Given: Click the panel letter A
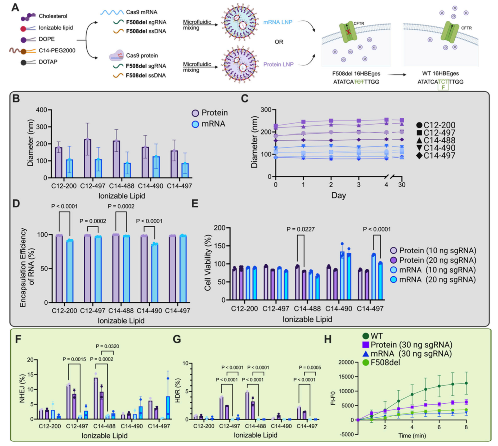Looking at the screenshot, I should coord(15,7).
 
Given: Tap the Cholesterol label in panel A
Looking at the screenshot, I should coord(53,16).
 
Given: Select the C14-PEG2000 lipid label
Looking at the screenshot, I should coord(57,51).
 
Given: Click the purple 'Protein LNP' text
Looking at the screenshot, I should coord(278,64).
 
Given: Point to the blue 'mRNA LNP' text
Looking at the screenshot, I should coord(277,22).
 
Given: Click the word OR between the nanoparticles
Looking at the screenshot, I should coord(279,42).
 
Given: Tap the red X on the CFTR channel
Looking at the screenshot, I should coord(348,32).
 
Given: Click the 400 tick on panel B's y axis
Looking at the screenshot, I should coord(42,110).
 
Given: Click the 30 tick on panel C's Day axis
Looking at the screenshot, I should coord(402,185).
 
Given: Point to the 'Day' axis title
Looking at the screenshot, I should coord(339,196).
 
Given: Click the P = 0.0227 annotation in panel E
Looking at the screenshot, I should coord(300,229).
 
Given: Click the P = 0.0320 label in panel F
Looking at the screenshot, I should coord(107,346).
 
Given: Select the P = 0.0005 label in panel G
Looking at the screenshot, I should coord(310,367).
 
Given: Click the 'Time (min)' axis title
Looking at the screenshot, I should coord(412,436).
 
